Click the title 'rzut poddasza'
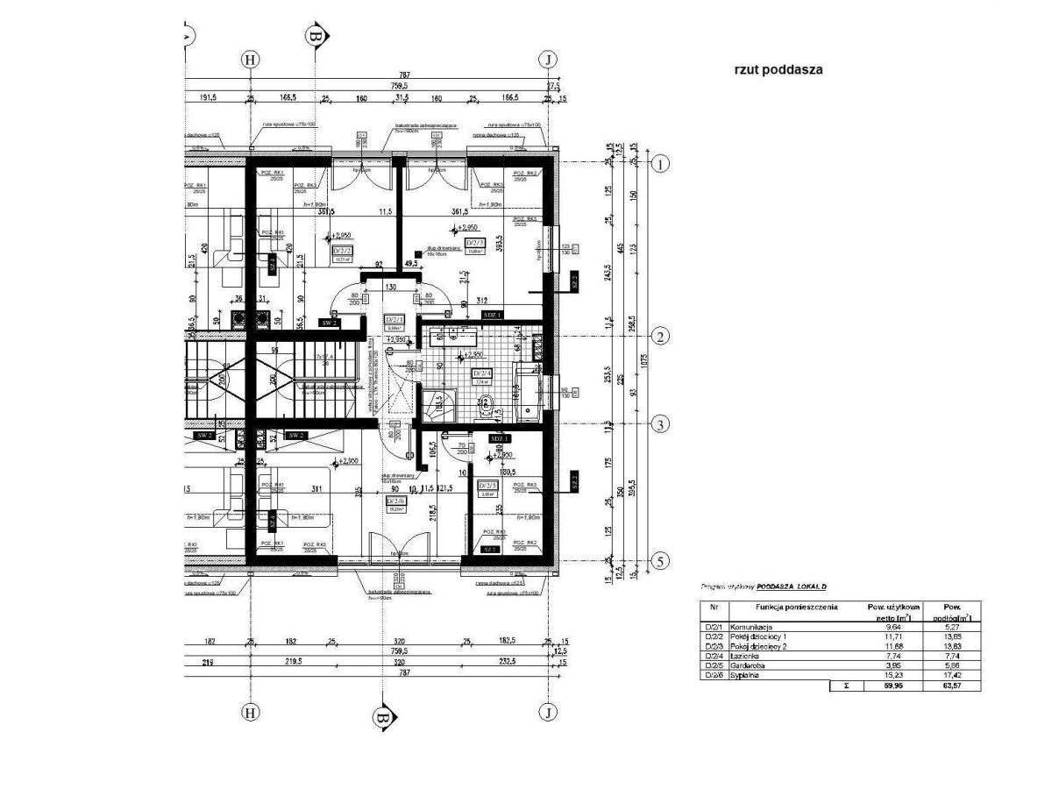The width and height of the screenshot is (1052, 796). (778, 70)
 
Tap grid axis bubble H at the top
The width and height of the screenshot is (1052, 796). (251, 60)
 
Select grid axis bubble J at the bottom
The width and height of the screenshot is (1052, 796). (548, 711)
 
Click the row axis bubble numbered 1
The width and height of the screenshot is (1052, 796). (662, 163)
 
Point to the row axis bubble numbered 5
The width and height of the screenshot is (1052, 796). (662, 560)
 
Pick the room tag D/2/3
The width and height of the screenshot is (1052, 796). (474, 244)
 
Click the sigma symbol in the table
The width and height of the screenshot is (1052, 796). (844, 686)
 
